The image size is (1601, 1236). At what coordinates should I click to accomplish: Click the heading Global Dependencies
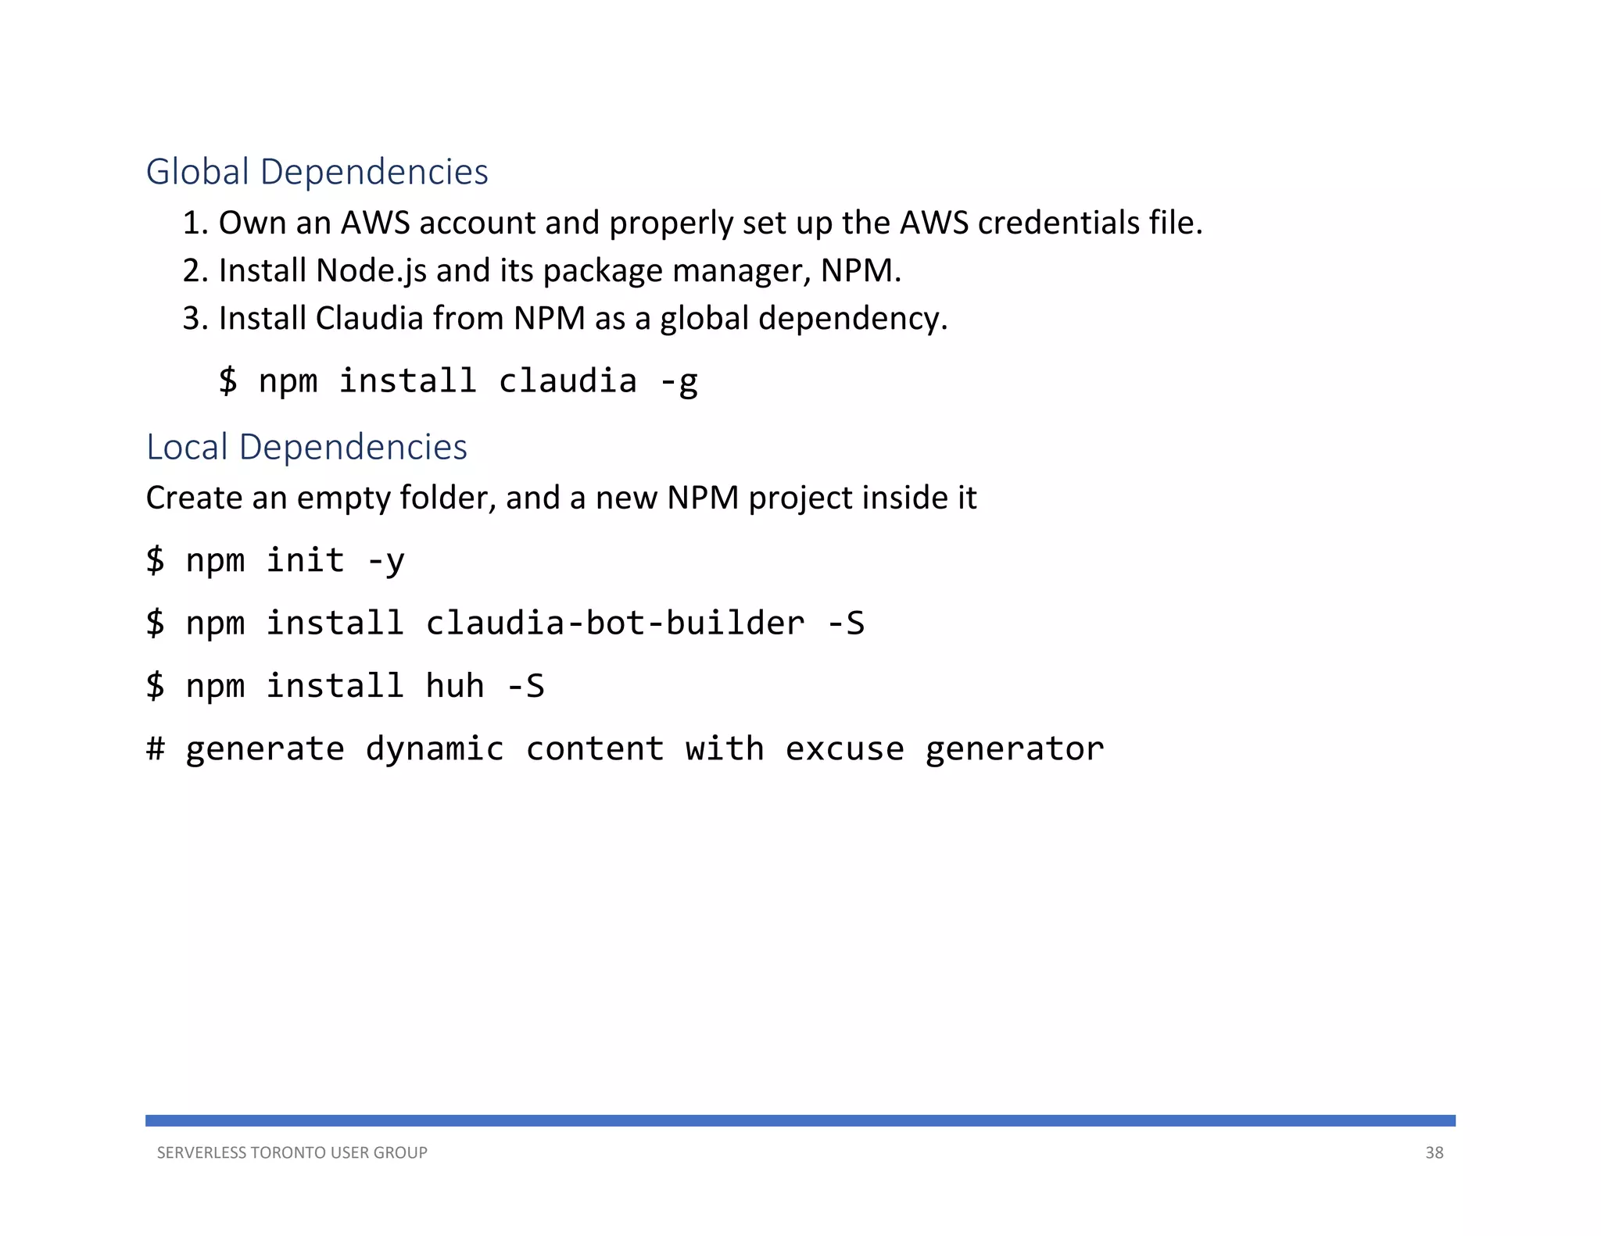coord(317,172)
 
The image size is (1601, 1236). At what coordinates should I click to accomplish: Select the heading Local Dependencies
coord(306,447)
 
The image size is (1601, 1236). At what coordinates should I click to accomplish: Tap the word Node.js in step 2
coord(371,271)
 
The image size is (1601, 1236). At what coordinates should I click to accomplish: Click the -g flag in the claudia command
coord(678,382)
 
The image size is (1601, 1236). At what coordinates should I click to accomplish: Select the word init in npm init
coord(305,560)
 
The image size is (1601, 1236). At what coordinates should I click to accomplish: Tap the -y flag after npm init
coord(385,561)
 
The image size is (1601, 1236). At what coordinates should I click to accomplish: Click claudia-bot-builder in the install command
coord(614,623)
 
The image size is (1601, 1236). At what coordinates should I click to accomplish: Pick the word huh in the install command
coord(455,686)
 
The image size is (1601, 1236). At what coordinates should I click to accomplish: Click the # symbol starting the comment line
coord(156,748)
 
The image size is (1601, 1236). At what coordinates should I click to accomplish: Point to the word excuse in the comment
coord(844,748)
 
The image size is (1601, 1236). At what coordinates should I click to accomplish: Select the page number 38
coord(1434,1152)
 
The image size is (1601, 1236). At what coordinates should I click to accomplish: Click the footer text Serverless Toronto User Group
coord(292,1152)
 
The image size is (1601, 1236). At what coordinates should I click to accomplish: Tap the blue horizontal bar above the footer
coord(800,1120)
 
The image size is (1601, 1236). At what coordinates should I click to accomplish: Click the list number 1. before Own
coord(195,223)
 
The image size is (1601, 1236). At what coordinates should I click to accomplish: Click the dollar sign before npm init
coord(156,560)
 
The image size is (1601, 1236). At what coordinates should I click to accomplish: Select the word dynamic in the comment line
coord(435,748)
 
